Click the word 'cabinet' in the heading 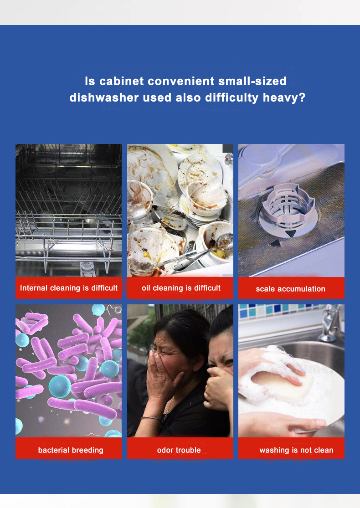pos(122,81)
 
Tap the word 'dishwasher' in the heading pos(104,97)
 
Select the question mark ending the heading pos(302,97)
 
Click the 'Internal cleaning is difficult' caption pos(69,287)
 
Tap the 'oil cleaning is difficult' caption pos(181,287)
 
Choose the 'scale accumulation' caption pos(290,289)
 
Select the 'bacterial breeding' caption pos(71,450)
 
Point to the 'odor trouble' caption pos(179,450)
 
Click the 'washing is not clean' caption pos(296,450)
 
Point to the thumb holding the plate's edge pos(311,423)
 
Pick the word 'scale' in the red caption pos(265,289)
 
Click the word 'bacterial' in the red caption pos(53,450)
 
